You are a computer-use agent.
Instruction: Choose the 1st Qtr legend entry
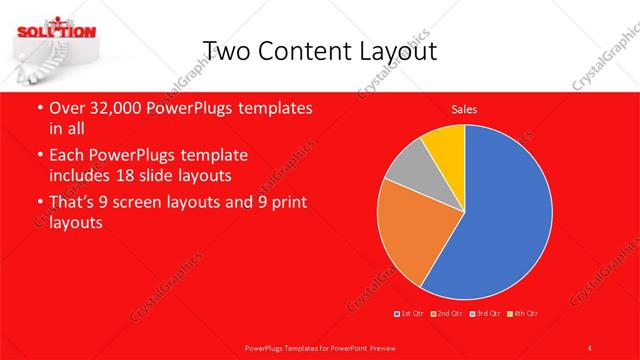click(410, 314)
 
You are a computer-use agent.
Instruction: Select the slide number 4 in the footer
click(590, 347)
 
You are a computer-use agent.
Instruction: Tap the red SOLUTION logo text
click(55, 30)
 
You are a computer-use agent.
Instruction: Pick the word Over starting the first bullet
click(67, 108)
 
